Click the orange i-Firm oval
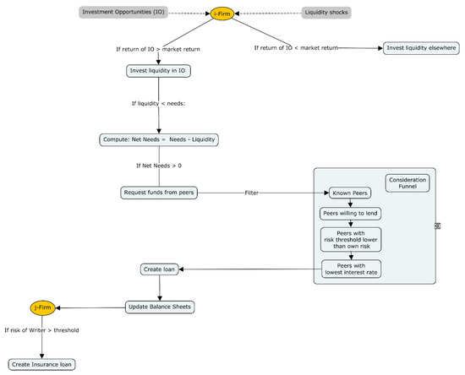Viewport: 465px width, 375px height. coord(223,13)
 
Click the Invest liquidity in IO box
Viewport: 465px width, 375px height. coord(157,71)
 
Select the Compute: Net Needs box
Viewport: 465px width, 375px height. coord(157,139)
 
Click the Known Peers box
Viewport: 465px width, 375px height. coord(350,193)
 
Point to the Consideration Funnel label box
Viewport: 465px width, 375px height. coord(408,183)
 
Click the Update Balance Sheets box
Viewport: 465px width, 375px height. coord(161,307)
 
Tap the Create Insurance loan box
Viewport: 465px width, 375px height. coord(43,365)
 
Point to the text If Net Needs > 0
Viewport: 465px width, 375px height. coord(159,165)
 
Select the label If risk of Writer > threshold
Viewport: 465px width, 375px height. coord(42,330)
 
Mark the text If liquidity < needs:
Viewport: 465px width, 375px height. coord(157,104)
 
